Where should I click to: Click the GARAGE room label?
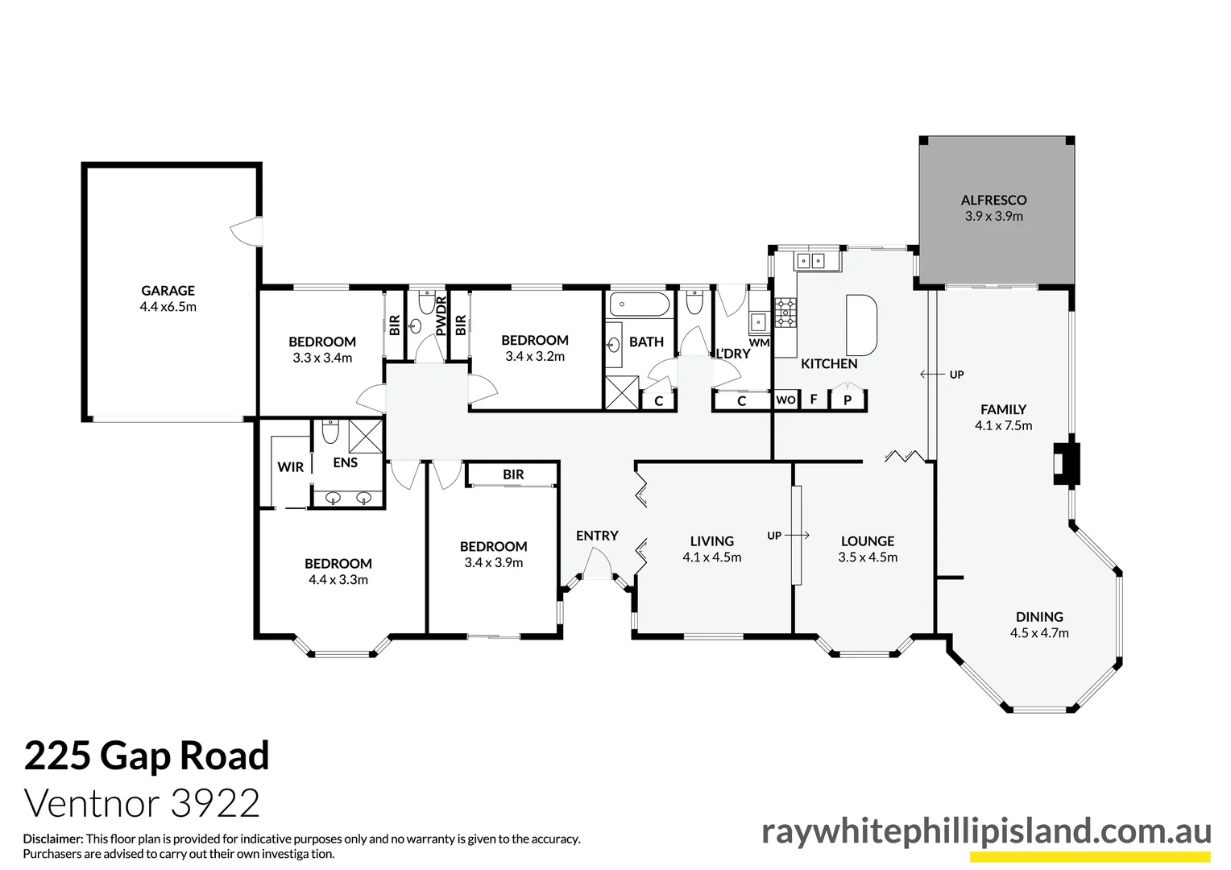(168, 291)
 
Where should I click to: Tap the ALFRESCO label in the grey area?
(993, 200)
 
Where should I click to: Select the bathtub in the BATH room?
(639, 305)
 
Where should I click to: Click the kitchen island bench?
(860, 325)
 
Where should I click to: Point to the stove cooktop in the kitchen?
(785, 313)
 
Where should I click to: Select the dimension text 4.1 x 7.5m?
(1003, 425)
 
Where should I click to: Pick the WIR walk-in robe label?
(290, 467)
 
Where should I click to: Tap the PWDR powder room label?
(441, 316)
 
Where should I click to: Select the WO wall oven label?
(785, 400)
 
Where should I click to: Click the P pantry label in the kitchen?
(848, 400)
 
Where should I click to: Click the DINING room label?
(1039, 617)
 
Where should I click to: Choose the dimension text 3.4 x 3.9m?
(493, 562)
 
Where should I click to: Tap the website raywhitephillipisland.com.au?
(985, 831)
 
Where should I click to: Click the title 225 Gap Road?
(147, 756)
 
